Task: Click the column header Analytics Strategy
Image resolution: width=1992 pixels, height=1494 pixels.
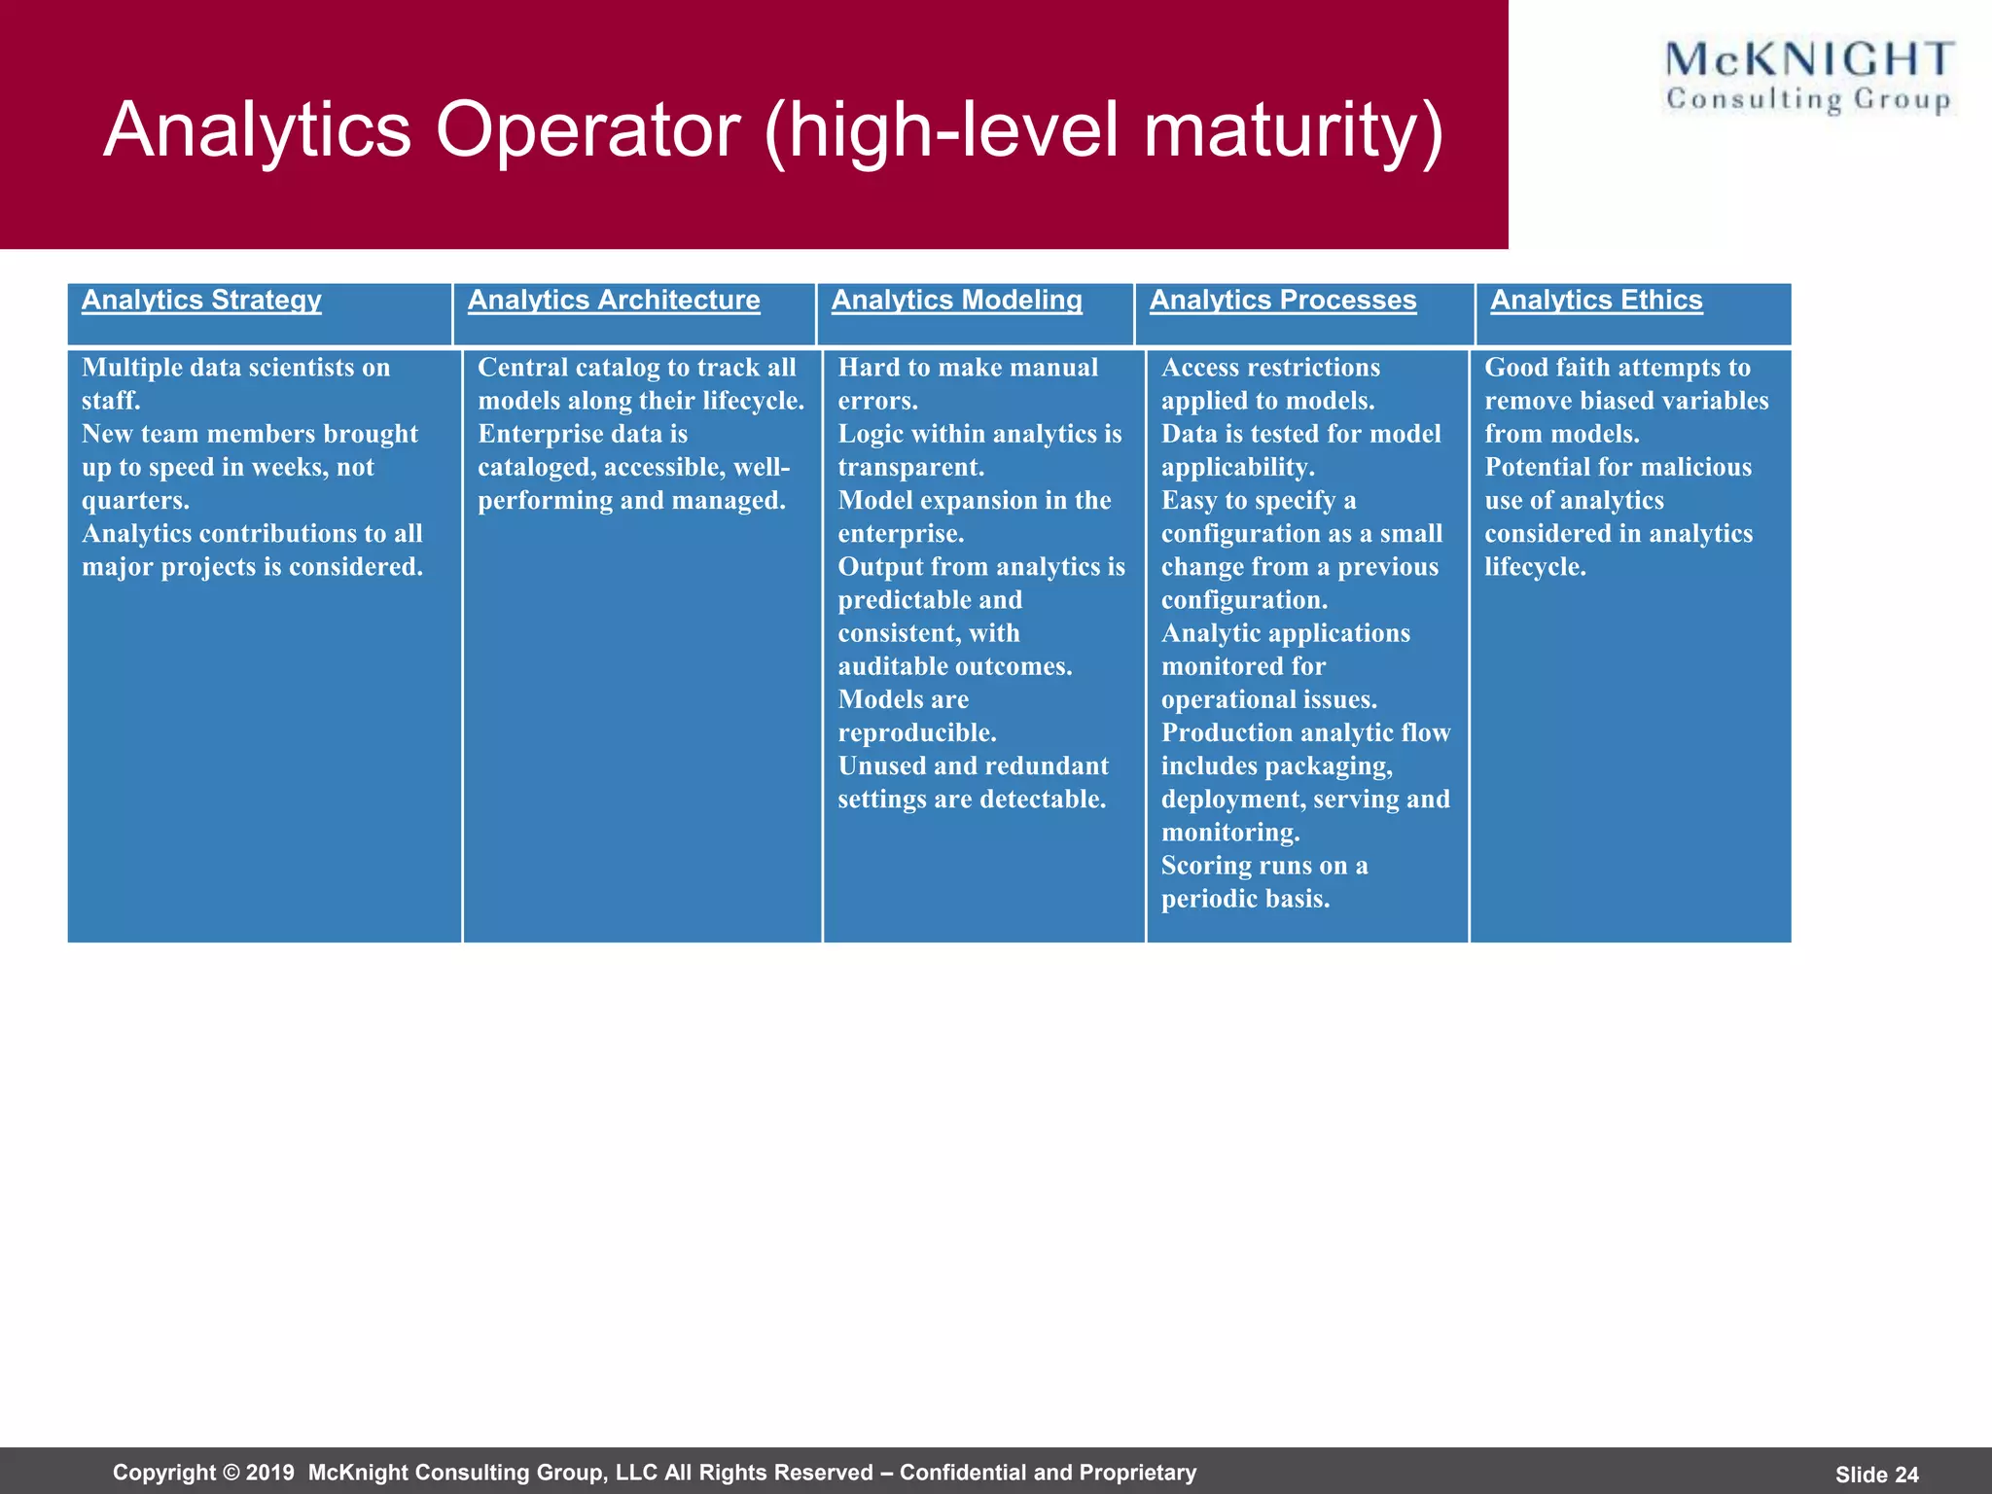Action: click(201, 301)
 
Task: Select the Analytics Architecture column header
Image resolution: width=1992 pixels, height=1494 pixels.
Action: click(614, 301)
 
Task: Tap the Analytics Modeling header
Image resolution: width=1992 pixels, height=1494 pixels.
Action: click(956, 301)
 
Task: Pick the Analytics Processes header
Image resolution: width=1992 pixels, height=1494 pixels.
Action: click(1282, 301)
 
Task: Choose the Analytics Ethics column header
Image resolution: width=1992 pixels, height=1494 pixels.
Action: click(1596, 301)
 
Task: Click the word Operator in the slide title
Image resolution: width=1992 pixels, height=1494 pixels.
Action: click(587, 130)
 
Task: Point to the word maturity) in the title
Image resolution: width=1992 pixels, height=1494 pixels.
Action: click(1294, 130)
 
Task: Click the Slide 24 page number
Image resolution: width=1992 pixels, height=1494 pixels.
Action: click(1876, 1475)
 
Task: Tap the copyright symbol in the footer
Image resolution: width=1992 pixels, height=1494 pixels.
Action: click(231, 1473)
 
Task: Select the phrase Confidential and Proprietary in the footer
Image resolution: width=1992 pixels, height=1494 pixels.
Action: click(1048, 1473)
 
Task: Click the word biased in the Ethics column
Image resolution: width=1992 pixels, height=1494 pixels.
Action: click(1618, 401)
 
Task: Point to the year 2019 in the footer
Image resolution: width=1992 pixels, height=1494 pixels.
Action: click(269, 1473)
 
